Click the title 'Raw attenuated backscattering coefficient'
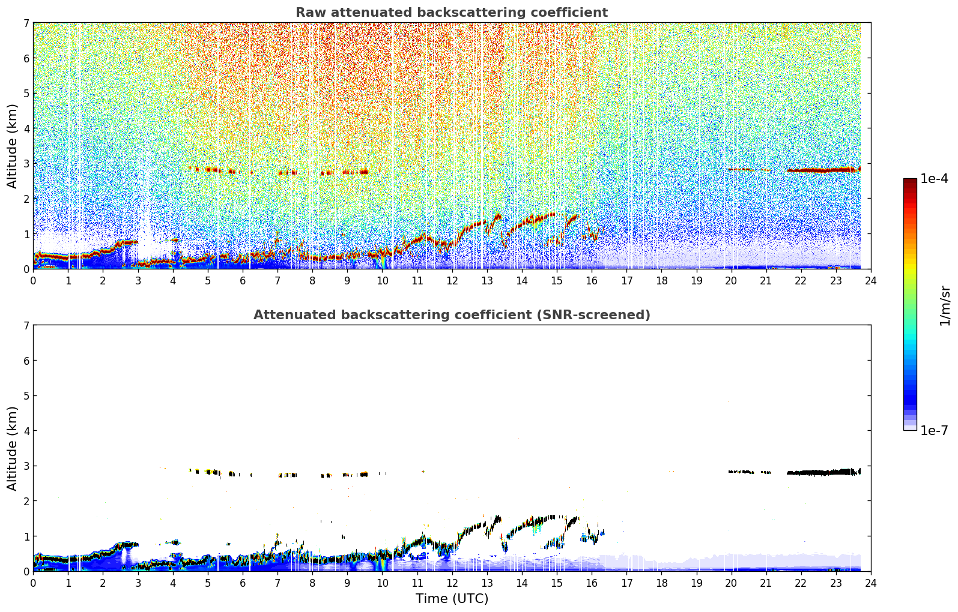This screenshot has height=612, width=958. pyautogui.click(x=452, y=13)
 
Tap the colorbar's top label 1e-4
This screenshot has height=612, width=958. pyautogui.click(x=934, y=179)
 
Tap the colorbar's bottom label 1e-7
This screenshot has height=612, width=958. pyautogui.click(x=934, y=430)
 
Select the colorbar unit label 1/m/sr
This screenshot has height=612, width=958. pyautogui.click(x=945, y=306)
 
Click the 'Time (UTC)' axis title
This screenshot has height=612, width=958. pyautogui.click(x=452, y=599)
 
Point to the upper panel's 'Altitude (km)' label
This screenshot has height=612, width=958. pyautogui.click(x=12, y=146)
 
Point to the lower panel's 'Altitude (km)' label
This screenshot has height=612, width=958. pyautogui.click(x=12, y=448)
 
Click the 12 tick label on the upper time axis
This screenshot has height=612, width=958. pyautogui.click(x=452, y=281)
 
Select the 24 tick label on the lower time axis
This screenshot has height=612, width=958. pyautogui.click(x=871, y=583)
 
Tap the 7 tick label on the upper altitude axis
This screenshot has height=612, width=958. pyautogui.click(x=26, y=23)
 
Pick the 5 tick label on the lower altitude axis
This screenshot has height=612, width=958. pyautogui.click(x=26, y=396)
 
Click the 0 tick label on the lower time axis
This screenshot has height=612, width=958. pyautogui.click(x=34, y=583)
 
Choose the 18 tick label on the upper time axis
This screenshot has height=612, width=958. pyautogui.click(x=662, y=281)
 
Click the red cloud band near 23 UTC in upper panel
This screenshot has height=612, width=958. pyautogui.click(x=823, y=170)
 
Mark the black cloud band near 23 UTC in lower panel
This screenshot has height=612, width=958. pyautogui.click(x=823, y=472)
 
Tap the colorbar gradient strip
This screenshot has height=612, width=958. pyautogui.click(x=910, y=304)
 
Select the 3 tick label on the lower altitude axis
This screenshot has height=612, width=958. pyautogui.click(x=26, y=466)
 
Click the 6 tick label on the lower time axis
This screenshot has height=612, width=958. pyautogui.click(x=243, y=583)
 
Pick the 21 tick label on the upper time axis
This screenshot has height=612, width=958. pyautogui.click(x=766, y=281)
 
